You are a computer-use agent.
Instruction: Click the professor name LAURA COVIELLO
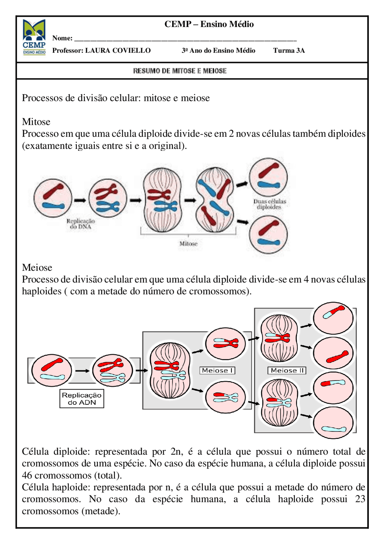(x=118, y=50)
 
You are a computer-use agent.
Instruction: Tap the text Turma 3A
(x=289, y=50)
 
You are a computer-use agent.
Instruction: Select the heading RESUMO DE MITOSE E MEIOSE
(x=180, y=71)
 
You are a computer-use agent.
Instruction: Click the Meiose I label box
(x=217, y=370)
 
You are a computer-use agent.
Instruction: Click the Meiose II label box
(x=287, y=370)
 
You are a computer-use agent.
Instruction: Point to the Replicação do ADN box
(x=82, y=399)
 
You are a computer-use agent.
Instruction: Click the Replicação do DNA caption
(x=80, y=224)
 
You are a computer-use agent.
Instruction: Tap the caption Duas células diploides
(x=269, y=204)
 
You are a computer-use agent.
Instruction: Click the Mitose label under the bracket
(x=188, y=244)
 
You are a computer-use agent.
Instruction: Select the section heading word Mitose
(x=36, y=122)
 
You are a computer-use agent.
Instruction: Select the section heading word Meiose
(x=37, y=267)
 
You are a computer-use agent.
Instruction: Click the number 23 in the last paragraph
(x=360, y=499)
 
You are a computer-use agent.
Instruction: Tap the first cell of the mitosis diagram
(x=53, y=198)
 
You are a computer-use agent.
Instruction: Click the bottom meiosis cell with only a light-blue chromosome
(x=333, y=423)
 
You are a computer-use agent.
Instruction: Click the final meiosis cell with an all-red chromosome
(x=333, y=353)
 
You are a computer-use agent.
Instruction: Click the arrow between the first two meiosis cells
(x=82, y=371)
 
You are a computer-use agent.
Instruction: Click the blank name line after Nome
(x=185, y=38)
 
